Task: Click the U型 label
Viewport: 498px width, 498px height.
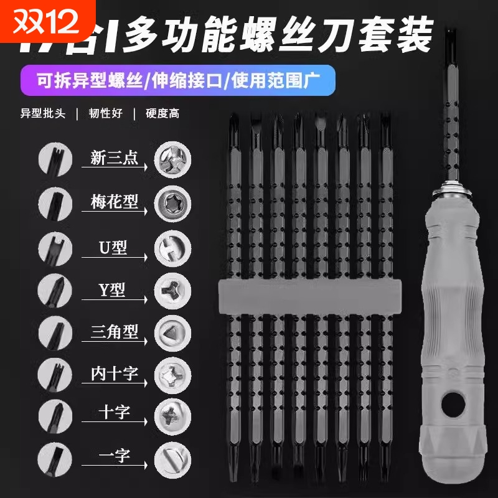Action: [x=111, y=246]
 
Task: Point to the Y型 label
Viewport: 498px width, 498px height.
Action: [x=112, y=289]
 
